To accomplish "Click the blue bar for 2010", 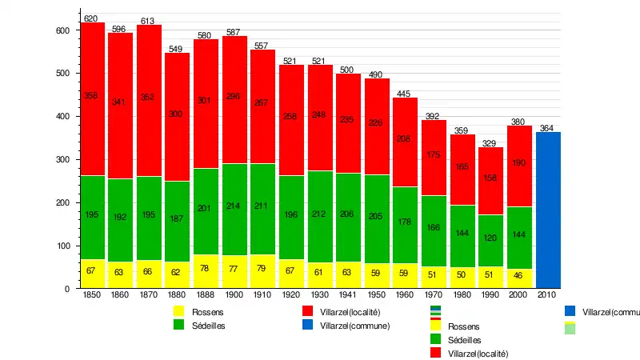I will pos(548,210).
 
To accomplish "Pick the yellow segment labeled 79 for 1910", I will pos(262,271).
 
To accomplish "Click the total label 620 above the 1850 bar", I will pos(91,18).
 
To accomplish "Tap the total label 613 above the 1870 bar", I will pos(148,21).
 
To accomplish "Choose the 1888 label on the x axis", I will pos(205,296).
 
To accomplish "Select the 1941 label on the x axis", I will pos(347,296).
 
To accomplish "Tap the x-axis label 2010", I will pos(547,296).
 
